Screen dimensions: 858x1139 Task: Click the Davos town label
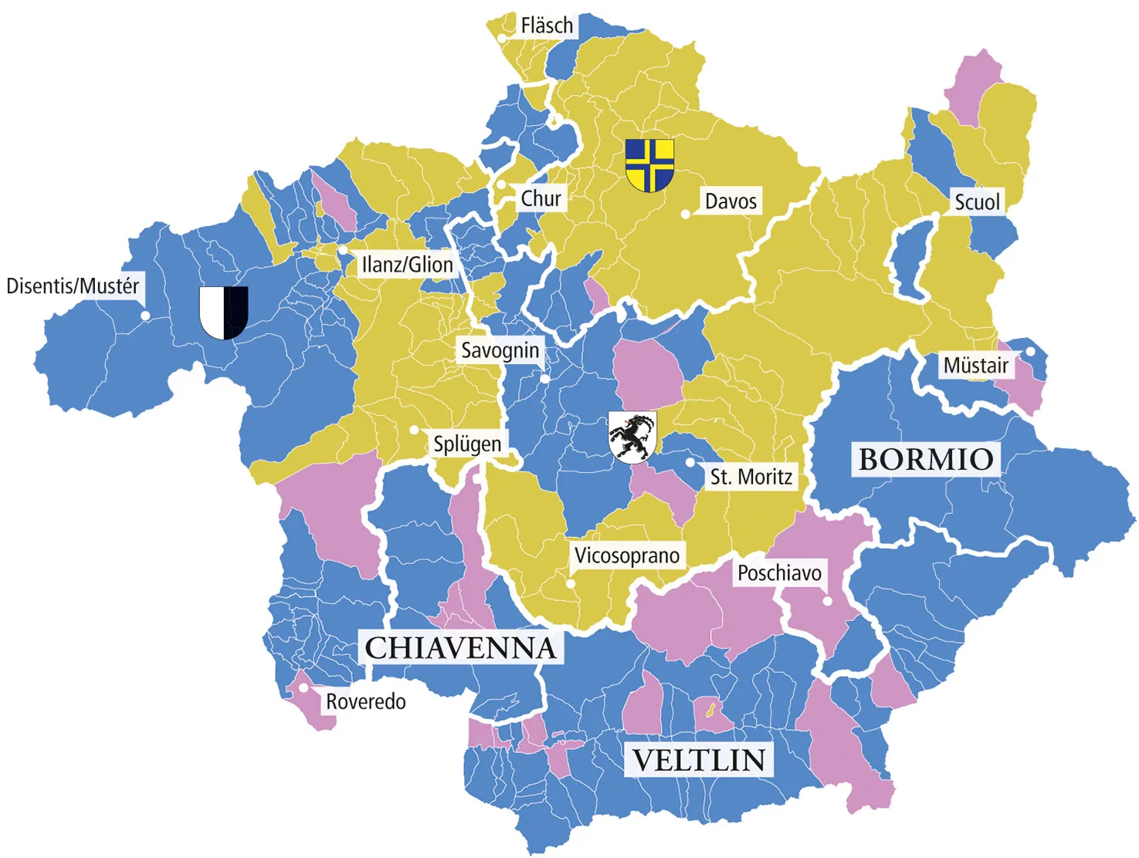[731, 201]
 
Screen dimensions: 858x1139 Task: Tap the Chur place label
[541, 198]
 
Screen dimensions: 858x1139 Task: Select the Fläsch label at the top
[547, 25]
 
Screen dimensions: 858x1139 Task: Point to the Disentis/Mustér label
[73, 286]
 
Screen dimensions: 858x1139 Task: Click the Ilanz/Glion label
[407, 265]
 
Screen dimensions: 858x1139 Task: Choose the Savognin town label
[500, 350]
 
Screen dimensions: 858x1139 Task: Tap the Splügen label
[467, 444]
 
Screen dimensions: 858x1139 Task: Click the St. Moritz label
[751, 477]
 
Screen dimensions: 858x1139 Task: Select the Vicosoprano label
[627, 556]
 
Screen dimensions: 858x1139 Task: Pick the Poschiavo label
[779, 573]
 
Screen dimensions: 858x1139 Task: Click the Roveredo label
[365, 701]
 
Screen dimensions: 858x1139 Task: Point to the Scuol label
[977, 202]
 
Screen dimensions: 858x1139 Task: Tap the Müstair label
[976, 365]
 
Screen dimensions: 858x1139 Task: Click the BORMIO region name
[926, 459]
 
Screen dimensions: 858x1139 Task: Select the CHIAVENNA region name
[460, 648]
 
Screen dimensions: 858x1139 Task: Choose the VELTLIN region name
[699, 760]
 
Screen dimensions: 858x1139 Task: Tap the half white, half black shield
[224, 312]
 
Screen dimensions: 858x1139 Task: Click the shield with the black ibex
[632, 436]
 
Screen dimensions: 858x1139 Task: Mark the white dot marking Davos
[686, 214]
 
